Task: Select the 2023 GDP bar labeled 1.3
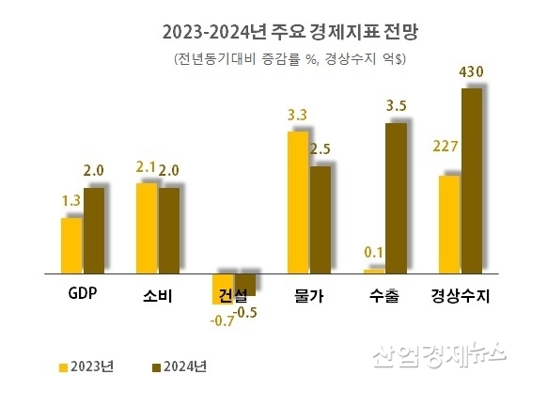71,244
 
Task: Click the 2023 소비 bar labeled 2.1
147,227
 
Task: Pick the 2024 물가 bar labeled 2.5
320,219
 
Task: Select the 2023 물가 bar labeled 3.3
297,201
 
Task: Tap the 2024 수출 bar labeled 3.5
396,197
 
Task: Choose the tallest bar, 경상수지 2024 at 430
471,180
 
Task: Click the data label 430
470,73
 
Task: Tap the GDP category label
84,293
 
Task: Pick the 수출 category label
384,295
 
